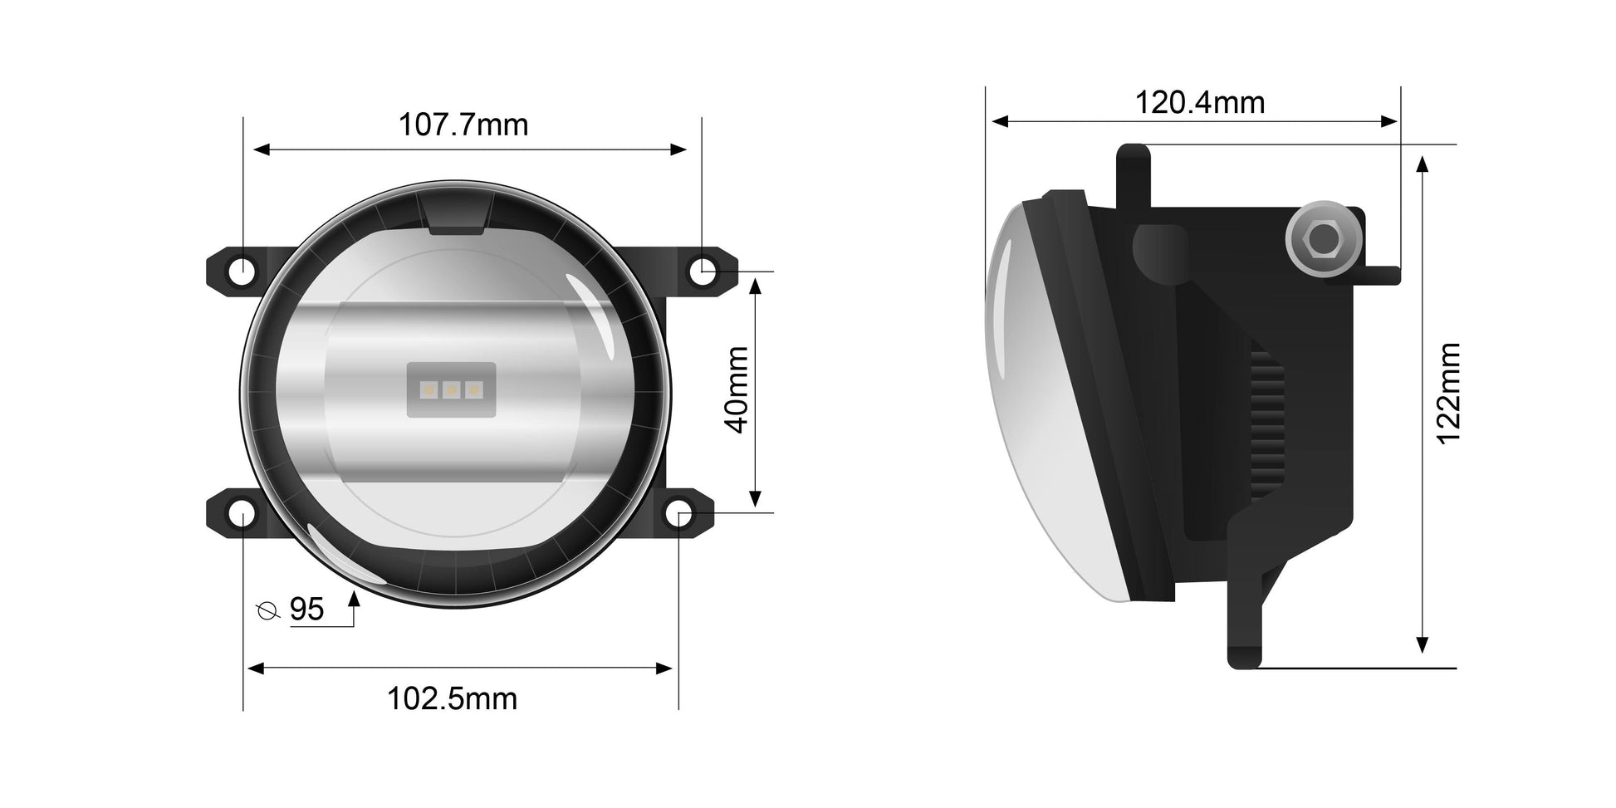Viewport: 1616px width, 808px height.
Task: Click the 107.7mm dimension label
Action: pyautogui.click(x=463, y=125)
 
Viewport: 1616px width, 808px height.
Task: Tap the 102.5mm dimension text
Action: pyautogui.click(x=452, y=699)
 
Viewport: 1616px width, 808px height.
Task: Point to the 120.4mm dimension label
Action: pyautogui.click(x=1199, y=103)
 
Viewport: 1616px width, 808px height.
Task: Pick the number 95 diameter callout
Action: pyautogui.click(x=306, y=610)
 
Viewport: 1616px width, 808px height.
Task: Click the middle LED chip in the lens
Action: pyautogui.click(x=452, y=388)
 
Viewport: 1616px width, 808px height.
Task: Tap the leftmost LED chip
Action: pyautogui.click(x=430, y=388)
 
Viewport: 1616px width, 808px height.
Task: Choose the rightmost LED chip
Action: pyautogui.click(x=473, y=388)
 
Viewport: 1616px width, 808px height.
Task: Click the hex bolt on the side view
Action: pyautogui.click(x=1321, y=240)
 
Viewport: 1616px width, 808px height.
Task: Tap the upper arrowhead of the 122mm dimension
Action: pyautogui.click(x=1422, y=163)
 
